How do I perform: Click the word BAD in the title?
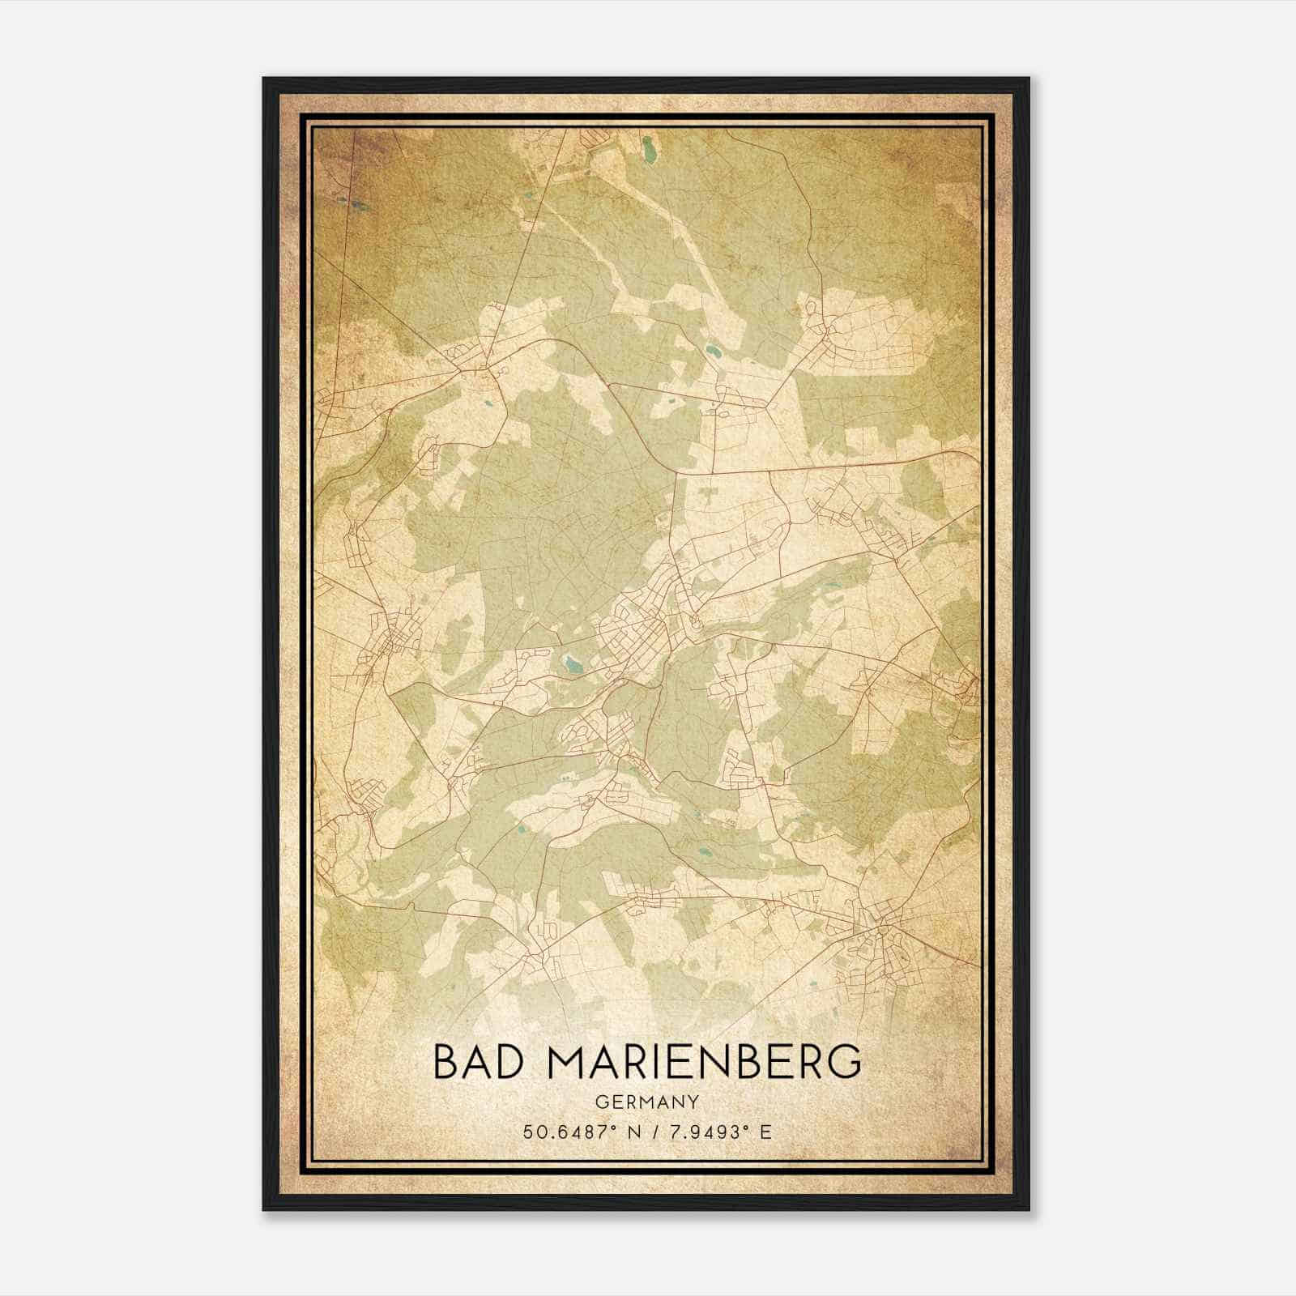pos(473,1062)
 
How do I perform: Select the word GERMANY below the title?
pos(646,1102)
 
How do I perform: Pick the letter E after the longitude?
pos(765,1132)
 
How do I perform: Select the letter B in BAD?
pos(446,1062)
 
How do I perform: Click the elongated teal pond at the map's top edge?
pos(649,148)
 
